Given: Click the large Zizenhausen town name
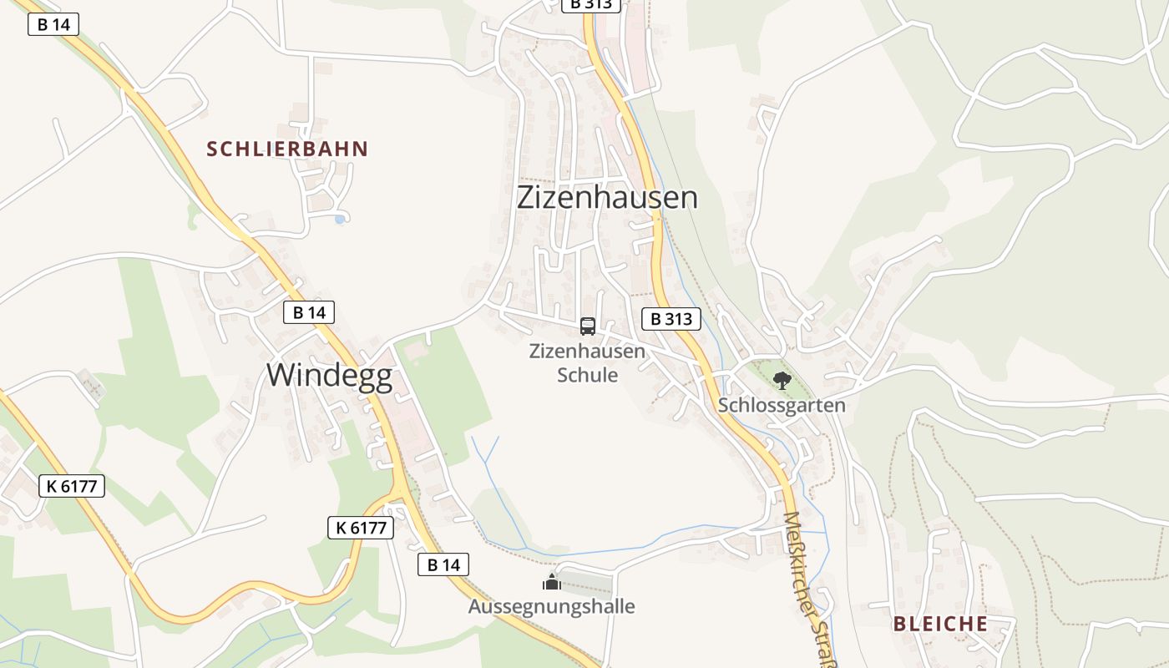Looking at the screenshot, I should pyautogui.click(x=607, y=198).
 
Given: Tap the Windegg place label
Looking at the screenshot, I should pyautogui.click(x=329, y=375).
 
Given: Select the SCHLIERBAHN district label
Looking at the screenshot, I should pyautogui.click(x=287, y=149).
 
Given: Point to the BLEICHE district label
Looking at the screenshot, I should pyautogui.click(x=940, y=624).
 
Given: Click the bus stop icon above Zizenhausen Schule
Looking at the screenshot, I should pyautogui.click(x=588, y=326).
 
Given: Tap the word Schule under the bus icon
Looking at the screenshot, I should pyautogui.click(x=587, y=375).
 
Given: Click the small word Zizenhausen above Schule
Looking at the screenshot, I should pyautogui.click(x=587, y=351).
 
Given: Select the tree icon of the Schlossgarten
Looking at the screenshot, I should pyautogui.click(x=782, y=381).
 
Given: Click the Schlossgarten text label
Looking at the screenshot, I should pyautogui.click(x=782, y=406).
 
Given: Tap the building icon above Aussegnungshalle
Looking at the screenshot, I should pyautogui.click(x=551, y=581).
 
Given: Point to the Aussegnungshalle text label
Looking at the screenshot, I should pyautogui.click(x=551, y=606).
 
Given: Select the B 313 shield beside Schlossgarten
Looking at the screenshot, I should pyautogui.click(x=671, y=318).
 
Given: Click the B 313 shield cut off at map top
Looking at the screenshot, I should pyautogui.click(x=591, y=4).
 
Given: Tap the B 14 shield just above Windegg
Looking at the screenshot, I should pyautogui.click(x=309, y=312).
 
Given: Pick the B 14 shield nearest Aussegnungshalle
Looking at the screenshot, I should pyautogui.click(x=443, y=564).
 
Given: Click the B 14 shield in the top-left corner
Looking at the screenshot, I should pyautogui.click(x=53, y=24).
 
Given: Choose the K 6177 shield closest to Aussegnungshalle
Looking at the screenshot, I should pyautogui.click(x=360, y=528).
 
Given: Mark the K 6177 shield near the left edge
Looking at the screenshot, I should pyautogui.click(x=72, y=486).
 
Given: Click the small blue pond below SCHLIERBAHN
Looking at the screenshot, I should pyautogui.click(x=339, y=219).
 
